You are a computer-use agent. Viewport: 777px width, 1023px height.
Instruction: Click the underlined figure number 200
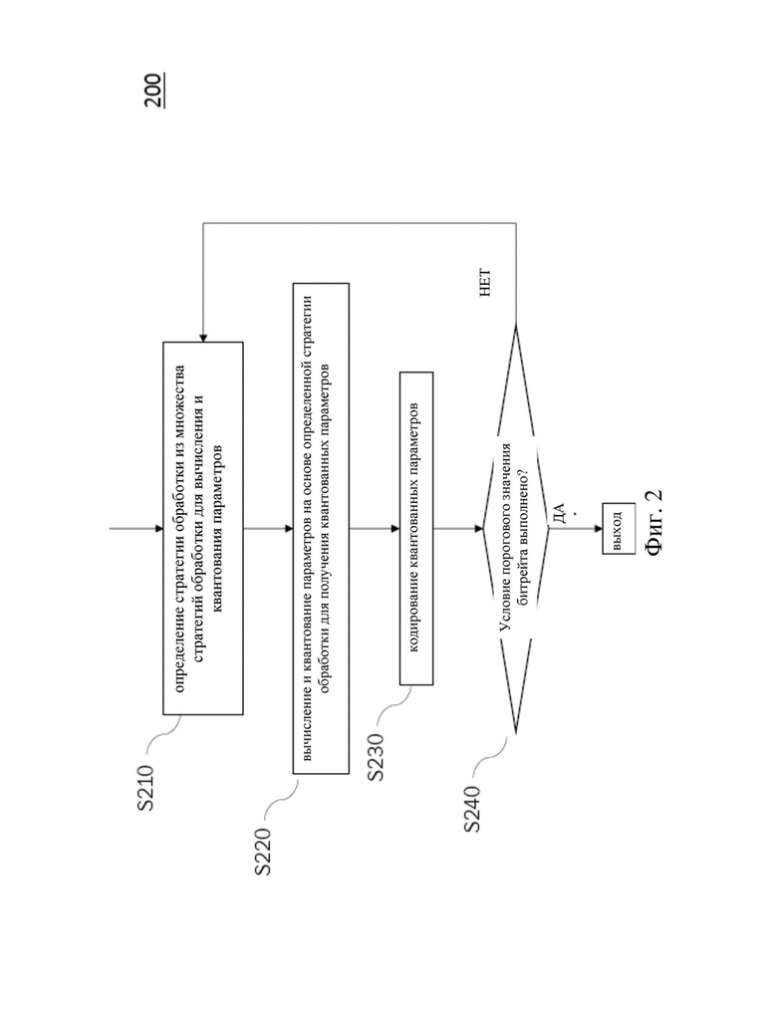154,90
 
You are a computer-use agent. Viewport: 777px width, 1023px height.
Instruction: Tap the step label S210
146,788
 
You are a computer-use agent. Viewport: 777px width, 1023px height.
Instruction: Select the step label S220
262,851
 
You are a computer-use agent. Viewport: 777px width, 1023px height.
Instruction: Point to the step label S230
376,757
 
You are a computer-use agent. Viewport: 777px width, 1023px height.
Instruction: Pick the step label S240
472,809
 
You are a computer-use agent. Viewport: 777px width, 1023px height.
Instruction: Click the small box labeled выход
619,529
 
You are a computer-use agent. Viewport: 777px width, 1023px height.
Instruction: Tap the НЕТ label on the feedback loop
485,283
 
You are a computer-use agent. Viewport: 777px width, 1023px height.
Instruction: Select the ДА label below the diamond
559,513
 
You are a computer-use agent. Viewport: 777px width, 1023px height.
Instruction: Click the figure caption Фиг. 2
653,522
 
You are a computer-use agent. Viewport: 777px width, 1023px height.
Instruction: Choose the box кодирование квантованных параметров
416,529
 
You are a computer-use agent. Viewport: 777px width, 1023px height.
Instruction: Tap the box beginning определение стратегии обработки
203,529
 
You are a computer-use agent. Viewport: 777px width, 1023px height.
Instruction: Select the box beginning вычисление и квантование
321,529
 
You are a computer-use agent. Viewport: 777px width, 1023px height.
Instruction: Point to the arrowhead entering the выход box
599,529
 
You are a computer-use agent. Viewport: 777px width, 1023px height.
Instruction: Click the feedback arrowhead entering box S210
203,338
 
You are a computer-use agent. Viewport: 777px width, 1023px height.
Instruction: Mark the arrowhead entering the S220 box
289,529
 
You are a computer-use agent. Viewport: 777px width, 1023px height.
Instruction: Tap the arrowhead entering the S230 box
395,529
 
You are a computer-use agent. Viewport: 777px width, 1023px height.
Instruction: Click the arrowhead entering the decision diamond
479,529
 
